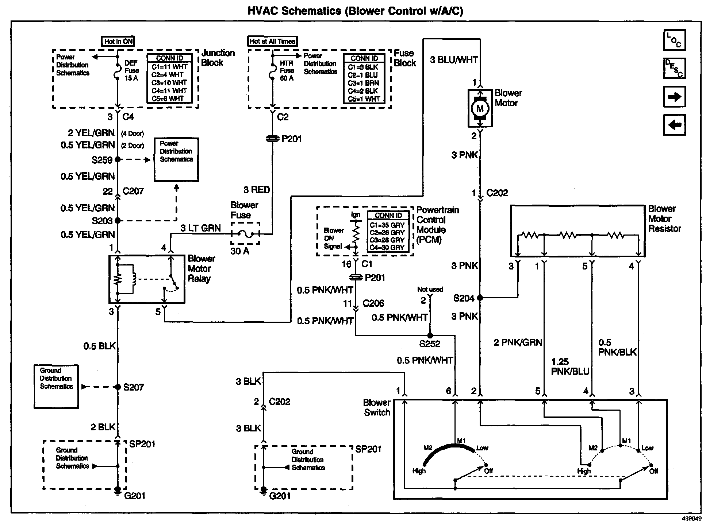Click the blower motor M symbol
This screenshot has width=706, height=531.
click(x=480, y=108)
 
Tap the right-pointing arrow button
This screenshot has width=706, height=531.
click(x=674, y=97)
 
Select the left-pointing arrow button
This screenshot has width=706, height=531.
click(x=674, y=125)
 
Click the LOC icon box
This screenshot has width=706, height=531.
click(x=674, y=40)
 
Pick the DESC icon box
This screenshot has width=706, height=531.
click(x=674, y=68)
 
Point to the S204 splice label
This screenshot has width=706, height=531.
click(x=463, y=298)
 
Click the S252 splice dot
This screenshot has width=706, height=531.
click(x=430, y=335)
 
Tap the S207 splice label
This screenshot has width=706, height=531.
click(x=133, y=387)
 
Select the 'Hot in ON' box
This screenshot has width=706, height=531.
click(x=118, y=42)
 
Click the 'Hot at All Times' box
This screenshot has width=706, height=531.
click(x=272, y=41)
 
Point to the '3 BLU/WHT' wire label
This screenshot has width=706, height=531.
click(x=454, y=60)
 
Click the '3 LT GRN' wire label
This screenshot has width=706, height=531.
click(x=200, y=228)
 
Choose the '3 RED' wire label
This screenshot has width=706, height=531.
click(x=257, y=190)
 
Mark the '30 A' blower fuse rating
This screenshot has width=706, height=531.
click(x=239, y=251)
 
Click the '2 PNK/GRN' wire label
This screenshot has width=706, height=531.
click(x=517, y=342)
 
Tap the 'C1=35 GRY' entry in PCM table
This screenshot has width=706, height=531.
click(x=387, y=225)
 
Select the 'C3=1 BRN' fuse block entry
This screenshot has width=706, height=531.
click(x=363, y=83)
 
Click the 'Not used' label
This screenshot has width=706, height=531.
click(x=430, y=289)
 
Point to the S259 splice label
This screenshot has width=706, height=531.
click(x=102, y=160)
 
